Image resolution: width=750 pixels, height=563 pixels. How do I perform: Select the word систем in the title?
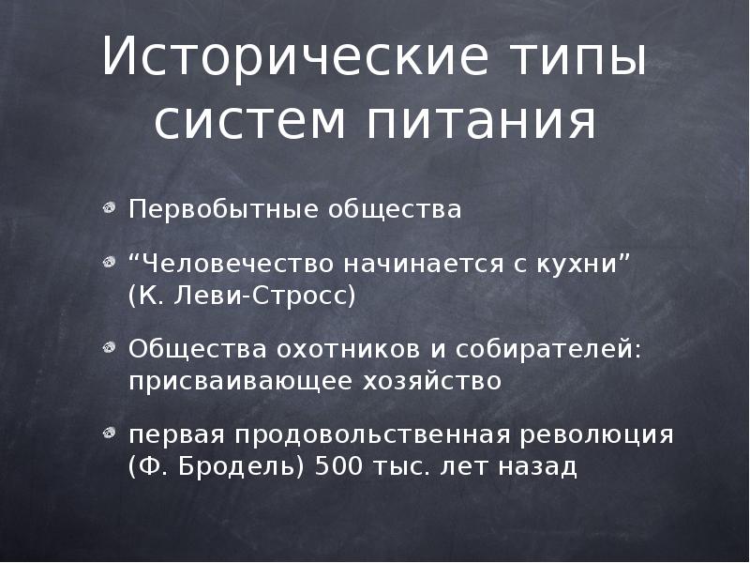[x=249, y=122]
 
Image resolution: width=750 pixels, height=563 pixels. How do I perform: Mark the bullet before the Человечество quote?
[x=111, y=263]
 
